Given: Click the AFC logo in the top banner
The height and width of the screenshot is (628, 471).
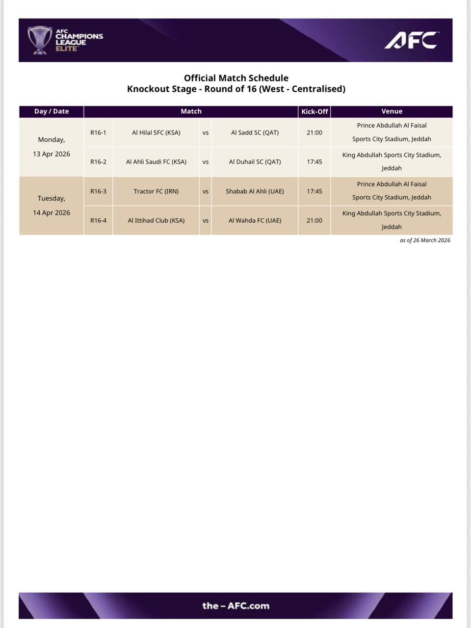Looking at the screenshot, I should click(x=411, y=40).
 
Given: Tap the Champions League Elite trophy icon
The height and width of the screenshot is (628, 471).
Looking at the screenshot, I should click(x=40, y=40).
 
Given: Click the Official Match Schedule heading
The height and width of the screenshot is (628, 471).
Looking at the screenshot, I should click(x=236, y=78).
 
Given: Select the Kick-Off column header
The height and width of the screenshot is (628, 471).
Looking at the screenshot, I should click(x=314, y=111).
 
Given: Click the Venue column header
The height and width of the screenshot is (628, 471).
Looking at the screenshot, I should click(x=392, y=111).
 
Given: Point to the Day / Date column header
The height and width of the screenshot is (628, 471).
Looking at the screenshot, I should click(x=52, y=111).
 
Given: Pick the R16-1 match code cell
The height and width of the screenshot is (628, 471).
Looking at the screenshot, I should click(x=98, y=132).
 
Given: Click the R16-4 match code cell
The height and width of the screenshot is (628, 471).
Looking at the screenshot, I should click(x=98, y=220).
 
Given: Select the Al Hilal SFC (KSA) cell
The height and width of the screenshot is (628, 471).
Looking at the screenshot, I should click(x=156, y=132).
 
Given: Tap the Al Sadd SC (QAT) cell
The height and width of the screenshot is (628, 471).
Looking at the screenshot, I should click(x=255, y=132).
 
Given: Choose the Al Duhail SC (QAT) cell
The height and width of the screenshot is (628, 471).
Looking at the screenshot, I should click(x=255, y=161).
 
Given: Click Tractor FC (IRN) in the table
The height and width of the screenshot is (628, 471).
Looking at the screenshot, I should click(x=156, y=191).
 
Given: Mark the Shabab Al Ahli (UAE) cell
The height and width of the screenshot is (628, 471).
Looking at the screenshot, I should click(x=255, y=191).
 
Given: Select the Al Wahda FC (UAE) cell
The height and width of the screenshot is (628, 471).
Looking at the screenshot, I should click(x=255, y=220).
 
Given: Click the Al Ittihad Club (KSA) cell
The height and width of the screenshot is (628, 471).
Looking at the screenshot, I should click(x=156, y=220).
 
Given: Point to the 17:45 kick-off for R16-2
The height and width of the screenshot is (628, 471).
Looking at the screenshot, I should click(x=314, y=161).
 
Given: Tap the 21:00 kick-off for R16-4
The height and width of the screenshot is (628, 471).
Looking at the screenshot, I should click(x=314, y=220).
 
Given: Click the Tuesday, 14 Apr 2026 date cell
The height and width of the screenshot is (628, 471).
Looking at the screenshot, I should click(x=52, y=206).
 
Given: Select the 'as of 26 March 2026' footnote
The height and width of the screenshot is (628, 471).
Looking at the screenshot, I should click(x=425, y=240).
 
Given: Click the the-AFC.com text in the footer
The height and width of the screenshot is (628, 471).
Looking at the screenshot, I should click(x=236, y=606).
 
